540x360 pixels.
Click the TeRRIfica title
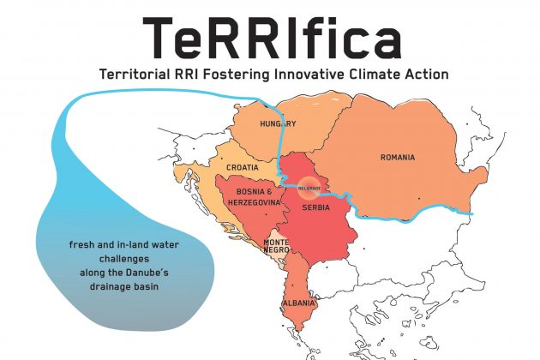pyautogui.click(x=272, y=38)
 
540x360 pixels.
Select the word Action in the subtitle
pyautogui.click(x=424, y=74)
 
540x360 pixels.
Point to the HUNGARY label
pyautogui.click(x=278, y=123)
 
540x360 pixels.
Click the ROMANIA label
pyautogui.click(x=398, y=158)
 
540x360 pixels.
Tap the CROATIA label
pyautogui.click(x=243, y=167)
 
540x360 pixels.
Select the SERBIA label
pyautogui.click(x=315, y=207)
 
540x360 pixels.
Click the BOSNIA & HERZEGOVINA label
pyautogui.click(x=255, y=197)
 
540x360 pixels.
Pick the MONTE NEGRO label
pyautogui.click(x=276, y=246)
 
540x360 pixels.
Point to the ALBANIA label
pyautogui.click(x=299, y=303)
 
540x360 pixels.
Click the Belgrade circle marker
pyautogui.click(x=309, y=188)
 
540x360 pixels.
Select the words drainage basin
pyautogui.click(x=124, y=286)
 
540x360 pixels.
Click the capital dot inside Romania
pyautogui.click(x=419, y=199)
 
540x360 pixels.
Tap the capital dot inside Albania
pyautogui.click(x=293, y=285)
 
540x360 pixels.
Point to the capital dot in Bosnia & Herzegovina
pyautogui.click(x=266, y=214)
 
